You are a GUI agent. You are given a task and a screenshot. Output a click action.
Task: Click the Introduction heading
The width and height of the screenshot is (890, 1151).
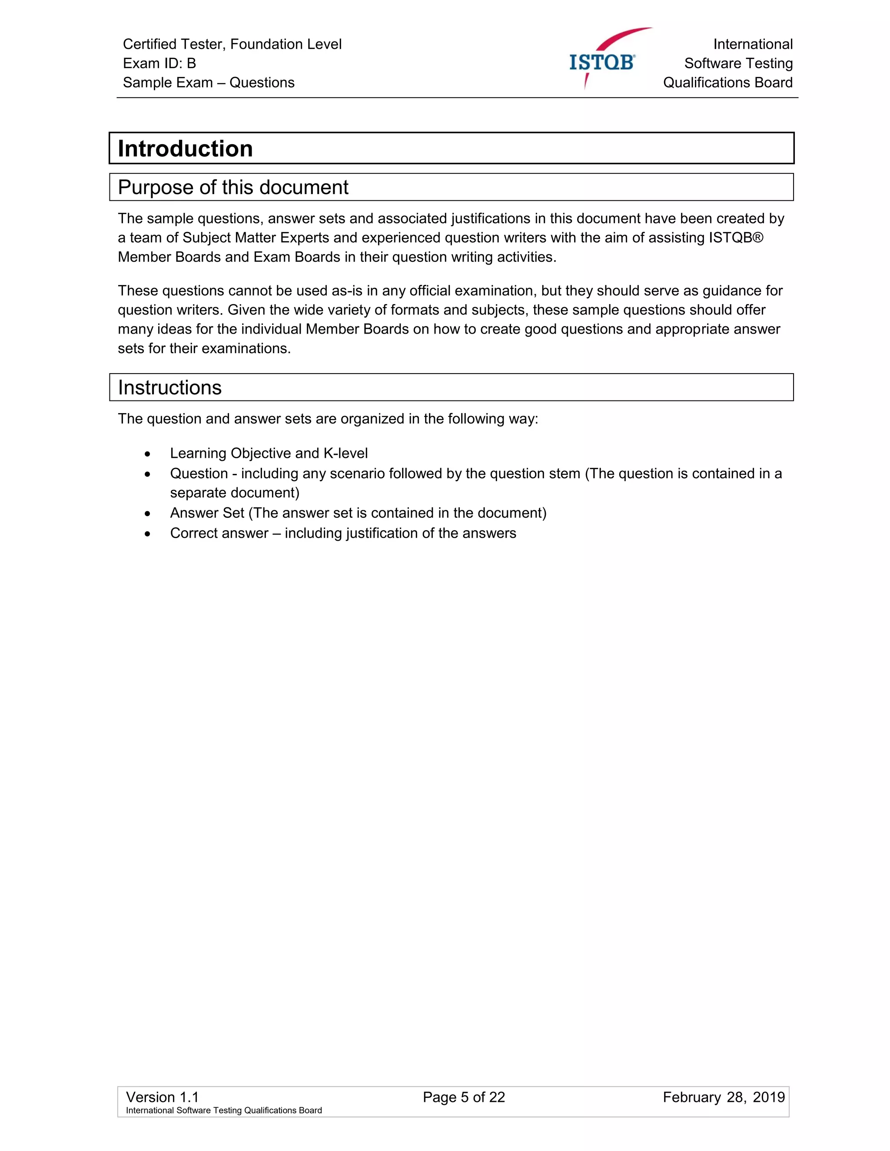pos(185,149)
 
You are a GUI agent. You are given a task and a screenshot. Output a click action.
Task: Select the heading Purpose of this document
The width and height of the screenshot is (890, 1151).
pos(232,188)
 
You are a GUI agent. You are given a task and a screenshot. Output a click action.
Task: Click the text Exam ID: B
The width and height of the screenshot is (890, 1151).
pos(159,63)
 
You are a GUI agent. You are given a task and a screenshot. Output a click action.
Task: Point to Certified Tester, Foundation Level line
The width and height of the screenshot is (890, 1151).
pos(232,44)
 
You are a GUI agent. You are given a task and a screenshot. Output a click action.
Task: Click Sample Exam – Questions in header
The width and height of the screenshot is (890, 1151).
pos(208,83)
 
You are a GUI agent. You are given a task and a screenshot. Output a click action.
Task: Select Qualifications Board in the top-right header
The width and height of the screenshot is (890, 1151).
pos(727,83)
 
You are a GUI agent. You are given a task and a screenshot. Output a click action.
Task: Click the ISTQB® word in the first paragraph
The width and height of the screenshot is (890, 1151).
pos(736,238)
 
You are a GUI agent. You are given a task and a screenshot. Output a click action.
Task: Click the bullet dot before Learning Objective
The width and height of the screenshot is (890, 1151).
pos(148,454)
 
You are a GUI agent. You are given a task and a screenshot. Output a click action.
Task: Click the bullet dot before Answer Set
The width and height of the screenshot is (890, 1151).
pos(148,514)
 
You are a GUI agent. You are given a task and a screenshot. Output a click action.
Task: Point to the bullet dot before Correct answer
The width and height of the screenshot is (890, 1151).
pos(148,534)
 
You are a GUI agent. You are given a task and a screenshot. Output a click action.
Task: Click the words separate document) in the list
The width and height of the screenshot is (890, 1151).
pos(234,493)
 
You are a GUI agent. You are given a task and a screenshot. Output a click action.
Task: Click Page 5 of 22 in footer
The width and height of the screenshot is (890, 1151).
pos(463,1097)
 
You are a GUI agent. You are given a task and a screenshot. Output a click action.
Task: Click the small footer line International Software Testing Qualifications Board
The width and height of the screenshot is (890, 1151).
pos(223,1111)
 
